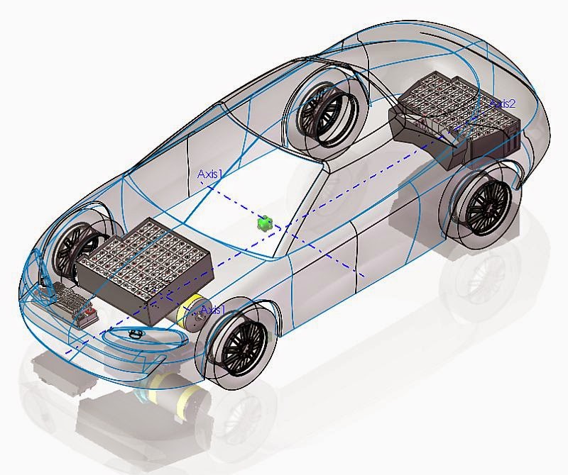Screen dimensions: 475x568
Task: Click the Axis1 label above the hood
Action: tap(209, 173)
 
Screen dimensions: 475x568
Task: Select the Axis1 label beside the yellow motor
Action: tap(213, 310)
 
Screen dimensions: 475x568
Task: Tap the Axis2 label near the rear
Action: tap(503, 104)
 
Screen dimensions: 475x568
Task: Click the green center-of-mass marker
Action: tap(265, 223)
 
